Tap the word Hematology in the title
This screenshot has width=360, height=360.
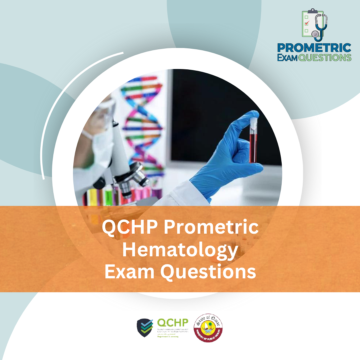(x=180, y=250)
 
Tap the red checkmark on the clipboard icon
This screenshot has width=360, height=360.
(x=307, y=23)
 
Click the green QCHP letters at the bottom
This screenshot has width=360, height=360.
(x=173, y=323)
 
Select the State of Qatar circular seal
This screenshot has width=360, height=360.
(x=208, y=328)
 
